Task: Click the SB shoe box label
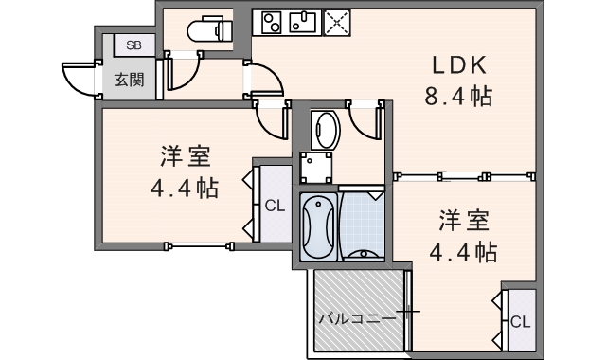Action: pyautogui.click(x=133, y=45)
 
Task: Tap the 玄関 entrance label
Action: pyautogui.click(x=130, y=79)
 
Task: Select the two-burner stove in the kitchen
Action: pyautogui.click(x=272, y=21)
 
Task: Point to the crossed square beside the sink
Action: pyautogui.click(x=335, y=22)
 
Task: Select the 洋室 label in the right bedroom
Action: pyautogui.click(x=463, y=221)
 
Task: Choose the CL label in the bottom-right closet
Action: pyautogui.click(x=520, y=321)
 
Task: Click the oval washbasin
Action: pyautogui.click(x=325, y=130)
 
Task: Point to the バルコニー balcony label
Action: pyautogui.click(x=357, y=317)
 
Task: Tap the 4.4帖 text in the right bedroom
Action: pyautogui.click(x=463, y=252)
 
